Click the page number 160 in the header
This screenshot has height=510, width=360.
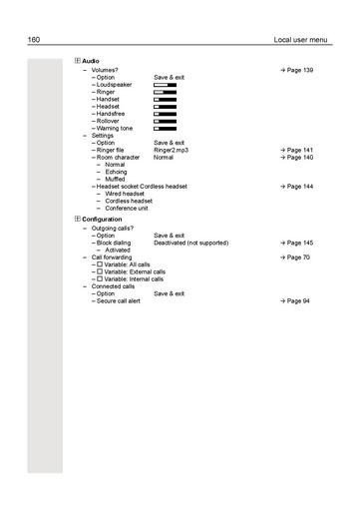click(34, 40)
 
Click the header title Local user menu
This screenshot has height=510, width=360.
click(300, 40)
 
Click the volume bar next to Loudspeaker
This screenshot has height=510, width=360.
click(165, 85)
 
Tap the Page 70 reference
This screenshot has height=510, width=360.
click(298, 257)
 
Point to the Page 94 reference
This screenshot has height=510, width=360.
click(298, 300)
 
